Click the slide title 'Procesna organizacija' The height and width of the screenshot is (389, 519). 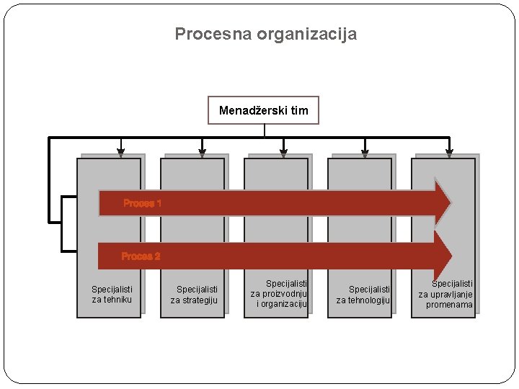pyautogui.click(x=265, y=34)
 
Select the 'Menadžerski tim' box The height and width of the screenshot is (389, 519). pyautogui.click(x=263, y=110)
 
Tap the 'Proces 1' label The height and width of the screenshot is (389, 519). pyautogui.click(x=142, y=203)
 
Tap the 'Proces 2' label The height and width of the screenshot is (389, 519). pyautogui.click(x=141, y=256)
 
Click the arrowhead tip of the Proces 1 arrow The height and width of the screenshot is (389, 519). pyautogui.click(x=449, y=203)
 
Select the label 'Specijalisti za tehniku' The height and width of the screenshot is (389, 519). pyautogui.click(x=112, y=295)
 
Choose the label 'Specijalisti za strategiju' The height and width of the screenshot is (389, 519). pyautogui.click(x=194, y=295)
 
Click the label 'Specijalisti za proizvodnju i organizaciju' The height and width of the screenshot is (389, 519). pyautogui.click(x=279, y=294)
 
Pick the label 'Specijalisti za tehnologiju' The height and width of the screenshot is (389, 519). pyautogui.click(x=363, y=295)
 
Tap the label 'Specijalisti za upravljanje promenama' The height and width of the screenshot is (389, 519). pyautogui.click(x=447, y=294)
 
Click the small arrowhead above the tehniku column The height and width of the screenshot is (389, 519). pyautogui.click(x=121, y=152)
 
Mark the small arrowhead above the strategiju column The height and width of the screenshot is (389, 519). pyautogui.click(x=203, y=152)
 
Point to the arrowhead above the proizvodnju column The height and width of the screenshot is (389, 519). pyautogui.click(x=283, y=152)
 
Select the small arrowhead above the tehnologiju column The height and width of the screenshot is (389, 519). pyautogui.click(x=365, y=152)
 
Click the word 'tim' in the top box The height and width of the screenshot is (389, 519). pyautogui.click(x=299, y=110)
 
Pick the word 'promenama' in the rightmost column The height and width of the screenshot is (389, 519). pyautogui.click(x=449, y=305)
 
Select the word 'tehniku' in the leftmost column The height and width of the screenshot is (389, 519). pyautogui.click(x=117, y=300)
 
